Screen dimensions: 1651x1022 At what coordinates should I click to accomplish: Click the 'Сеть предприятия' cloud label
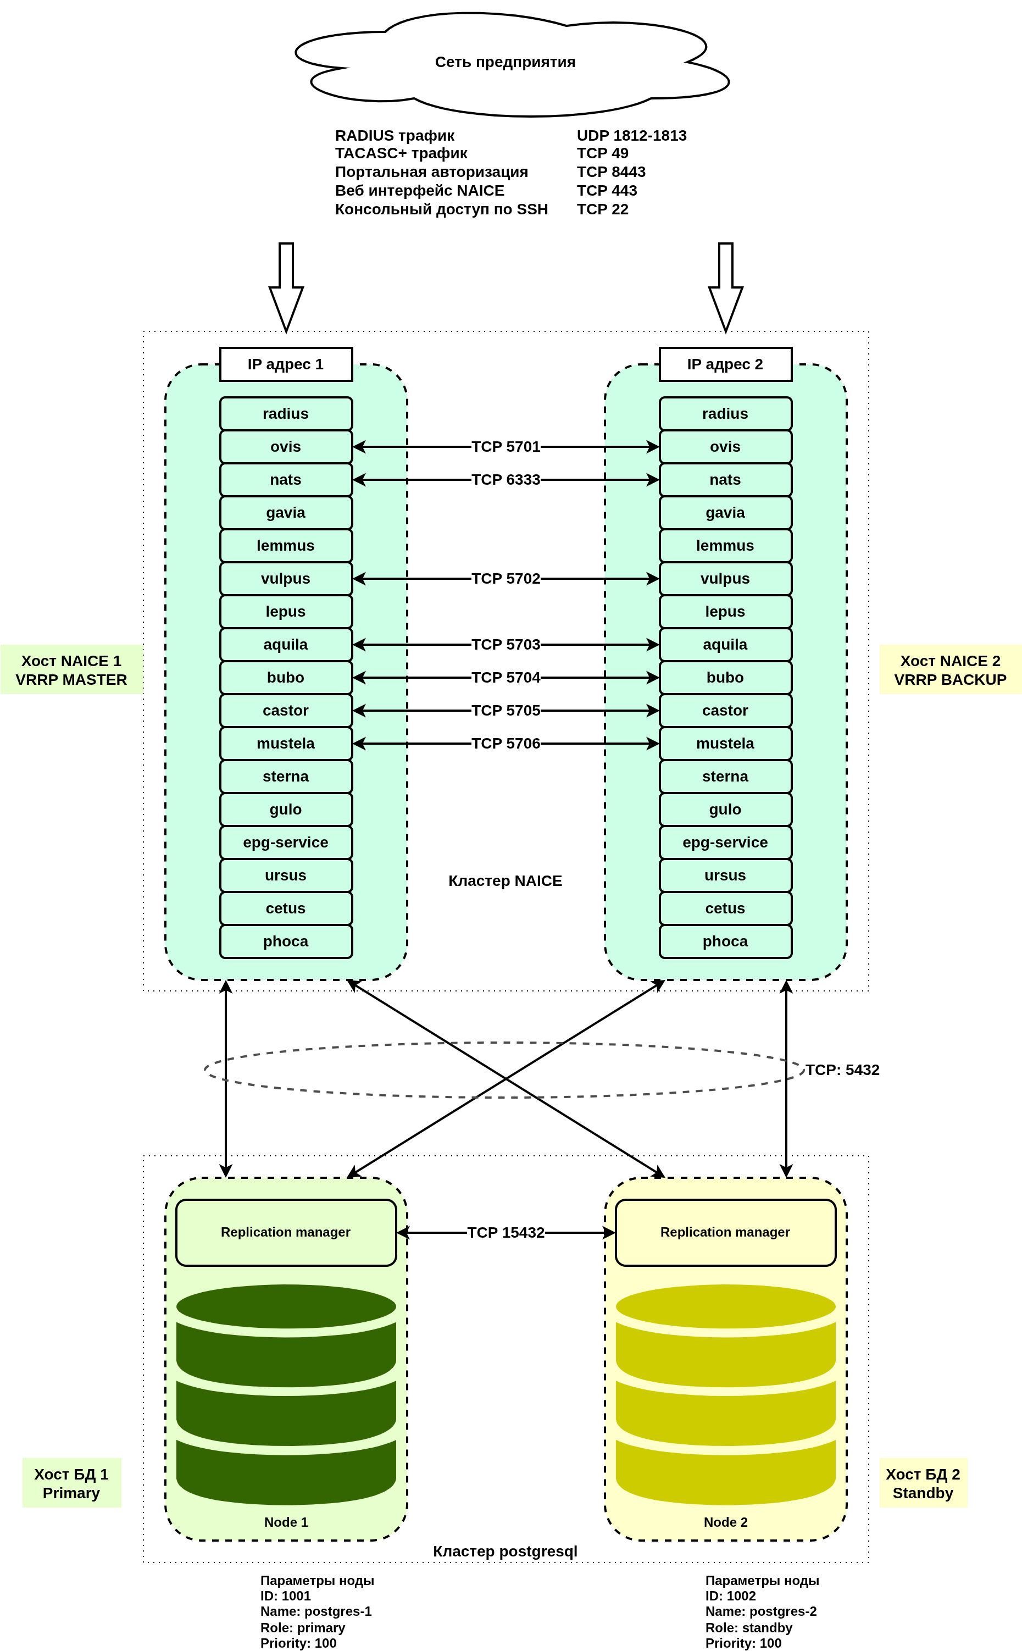[505, 62]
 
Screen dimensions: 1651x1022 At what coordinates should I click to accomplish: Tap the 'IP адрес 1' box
[286, 364]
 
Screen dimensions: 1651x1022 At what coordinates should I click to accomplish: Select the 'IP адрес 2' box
[725, 364]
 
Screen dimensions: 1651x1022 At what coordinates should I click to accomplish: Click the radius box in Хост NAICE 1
[286, 414]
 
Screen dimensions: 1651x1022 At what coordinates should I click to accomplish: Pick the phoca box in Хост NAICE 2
[725, 941]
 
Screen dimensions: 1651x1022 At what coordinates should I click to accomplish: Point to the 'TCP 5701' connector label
[506, 447]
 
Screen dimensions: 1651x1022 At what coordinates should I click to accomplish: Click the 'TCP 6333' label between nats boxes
[506, 480]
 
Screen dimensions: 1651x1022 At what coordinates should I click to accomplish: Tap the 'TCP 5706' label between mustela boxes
[506, 744]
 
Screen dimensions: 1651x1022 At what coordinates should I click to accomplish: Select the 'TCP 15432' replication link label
[506, 1233]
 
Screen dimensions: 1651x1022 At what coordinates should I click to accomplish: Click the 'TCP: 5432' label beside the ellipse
[842, 1070]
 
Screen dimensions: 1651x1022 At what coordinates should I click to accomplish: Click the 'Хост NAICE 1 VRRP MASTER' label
[71, 670]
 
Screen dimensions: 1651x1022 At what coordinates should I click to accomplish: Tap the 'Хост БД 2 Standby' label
[923, 1483]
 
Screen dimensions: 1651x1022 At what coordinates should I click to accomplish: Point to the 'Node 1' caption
[286, 1522]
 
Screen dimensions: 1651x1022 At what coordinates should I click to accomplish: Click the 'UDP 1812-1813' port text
[631, 136]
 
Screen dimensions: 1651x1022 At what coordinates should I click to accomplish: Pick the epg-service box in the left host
[286, 843]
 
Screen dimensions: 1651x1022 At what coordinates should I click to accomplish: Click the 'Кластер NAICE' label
[505, 881]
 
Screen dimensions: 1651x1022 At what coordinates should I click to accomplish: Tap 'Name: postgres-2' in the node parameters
[761, 1611]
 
